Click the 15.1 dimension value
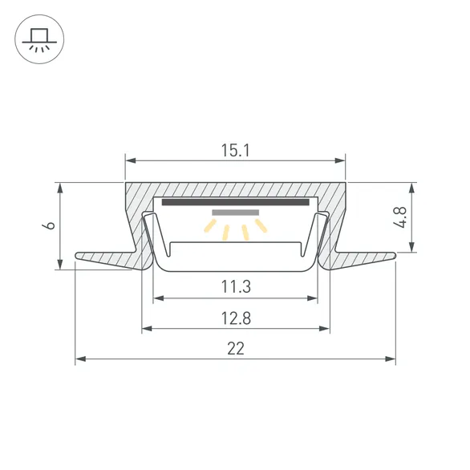coord(235,151)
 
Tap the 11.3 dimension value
coord(236,286)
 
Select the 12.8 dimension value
coord(236,318)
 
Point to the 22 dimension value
coord(236,348)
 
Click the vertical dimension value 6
coord(49,225)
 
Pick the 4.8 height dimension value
coord(400,217)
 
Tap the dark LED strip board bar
coord(235,202)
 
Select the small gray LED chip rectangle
coord(236,213)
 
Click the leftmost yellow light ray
coord(210,225)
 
